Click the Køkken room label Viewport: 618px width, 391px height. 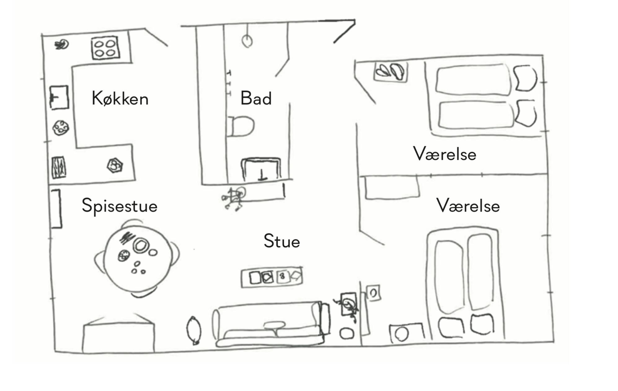120,99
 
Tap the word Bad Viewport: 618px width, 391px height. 256,98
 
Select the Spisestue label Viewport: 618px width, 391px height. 120,206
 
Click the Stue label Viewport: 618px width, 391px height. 282,241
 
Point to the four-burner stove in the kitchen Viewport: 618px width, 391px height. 105,48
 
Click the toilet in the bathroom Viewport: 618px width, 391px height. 241,126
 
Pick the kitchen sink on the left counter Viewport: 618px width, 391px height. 59,97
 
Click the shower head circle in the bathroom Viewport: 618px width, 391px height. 247,41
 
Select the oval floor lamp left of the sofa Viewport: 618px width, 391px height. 194,330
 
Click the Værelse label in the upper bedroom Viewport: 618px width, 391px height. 444,154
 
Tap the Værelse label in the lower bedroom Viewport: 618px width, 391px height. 468,206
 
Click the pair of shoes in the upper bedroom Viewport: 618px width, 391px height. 391,72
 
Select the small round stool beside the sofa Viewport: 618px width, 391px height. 347,334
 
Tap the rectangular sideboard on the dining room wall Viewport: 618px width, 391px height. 56,209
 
